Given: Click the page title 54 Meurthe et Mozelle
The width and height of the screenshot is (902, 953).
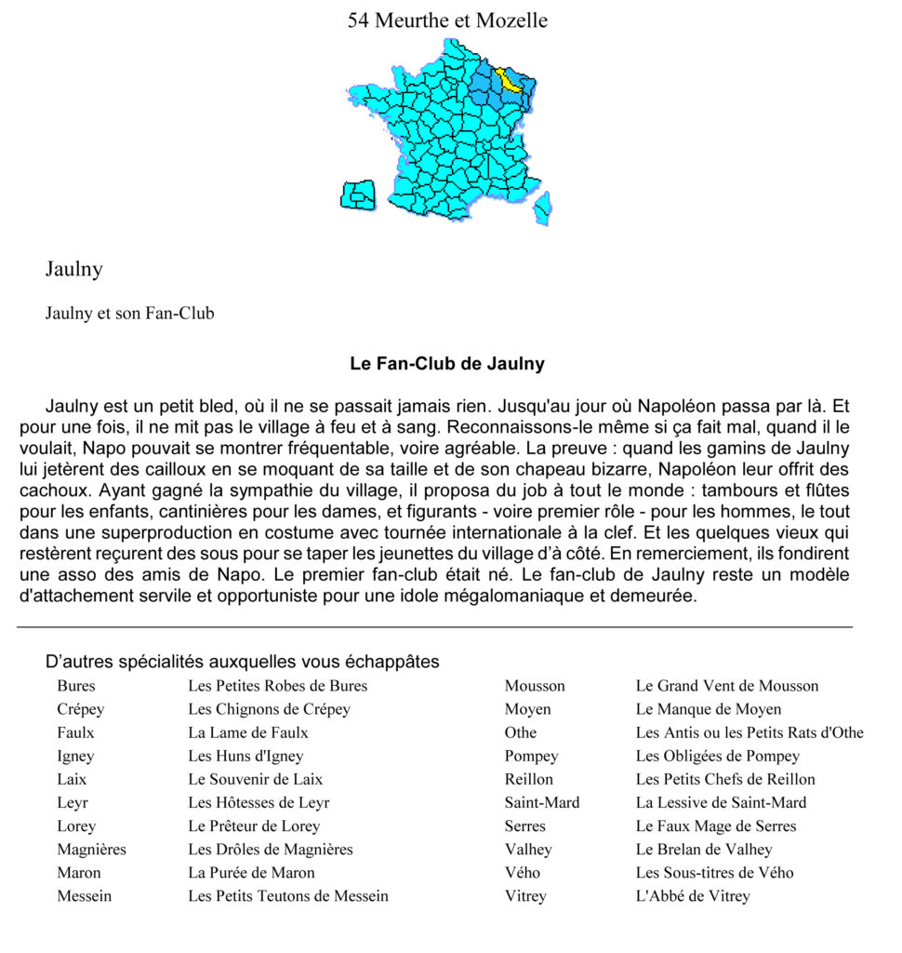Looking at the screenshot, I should pyautogui.click(x=447, y=20).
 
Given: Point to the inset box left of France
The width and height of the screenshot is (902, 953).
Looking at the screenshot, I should pyautogui.click(x=358, y=195).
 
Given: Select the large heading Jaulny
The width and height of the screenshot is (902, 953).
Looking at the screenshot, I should pyautogui.click(x=73, y=270).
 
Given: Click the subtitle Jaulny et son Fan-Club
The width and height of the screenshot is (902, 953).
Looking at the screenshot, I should pyautogui.click(x=129, y=314).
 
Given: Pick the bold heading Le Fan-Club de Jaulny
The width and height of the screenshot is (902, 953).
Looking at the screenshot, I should pyautogui.click(x=447, y=364).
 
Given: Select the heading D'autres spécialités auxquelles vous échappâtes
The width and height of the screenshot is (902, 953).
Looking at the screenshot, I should pyautogui.click(x=243, y=663).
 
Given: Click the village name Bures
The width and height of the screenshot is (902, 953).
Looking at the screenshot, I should pyautogui.click(x=75, y=686).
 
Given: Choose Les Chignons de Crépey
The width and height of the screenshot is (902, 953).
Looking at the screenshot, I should pyautogui.click(x=269, y=709).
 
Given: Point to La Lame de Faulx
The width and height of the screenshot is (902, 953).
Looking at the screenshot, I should pyautogui.click(x=247, y=732).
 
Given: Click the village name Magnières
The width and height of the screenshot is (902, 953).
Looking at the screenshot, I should pyautogui.click(x=91, y=849).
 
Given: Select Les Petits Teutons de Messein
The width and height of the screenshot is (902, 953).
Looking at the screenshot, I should pyautogui.click(x=288, y=896).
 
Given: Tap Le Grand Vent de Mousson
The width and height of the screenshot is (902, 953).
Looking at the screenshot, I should pyautogui.click(x=726, y=686).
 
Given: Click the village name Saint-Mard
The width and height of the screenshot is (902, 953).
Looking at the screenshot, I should pyautogui.click(x=541, y=802).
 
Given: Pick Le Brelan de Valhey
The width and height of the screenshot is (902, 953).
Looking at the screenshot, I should pyautogui.click(x=704, y=849).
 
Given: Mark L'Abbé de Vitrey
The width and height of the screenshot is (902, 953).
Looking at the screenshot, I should pyautogui.click(x=693, y=896).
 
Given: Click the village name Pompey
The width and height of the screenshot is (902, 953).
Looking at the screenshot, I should pyautogui.click(x=531, y=756).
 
